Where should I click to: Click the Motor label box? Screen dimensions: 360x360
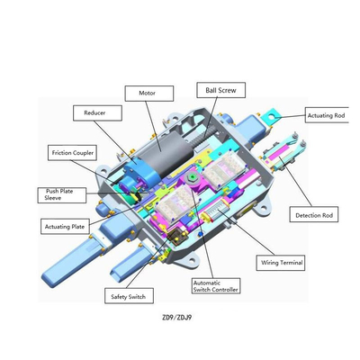tap(149, 94)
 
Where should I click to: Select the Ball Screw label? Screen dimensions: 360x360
tap(221, 90)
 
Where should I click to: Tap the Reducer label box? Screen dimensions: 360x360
tap(97, 112)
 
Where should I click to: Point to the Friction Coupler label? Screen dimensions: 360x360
tap(73, 153)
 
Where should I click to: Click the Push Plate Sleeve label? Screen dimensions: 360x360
tap(62, 195)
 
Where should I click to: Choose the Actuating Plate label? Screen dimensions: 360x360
tap(65, 227)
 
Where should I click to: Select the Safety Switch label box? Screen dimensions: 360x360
tap(129, 296)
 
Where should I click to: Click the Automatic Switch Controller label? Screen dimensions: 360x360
tap(216, 286)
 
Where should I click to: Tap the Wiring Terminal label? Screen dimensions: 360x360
tap(281, 263)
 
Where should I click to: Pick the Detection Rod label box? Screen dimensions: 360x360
tap(314, 214)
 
